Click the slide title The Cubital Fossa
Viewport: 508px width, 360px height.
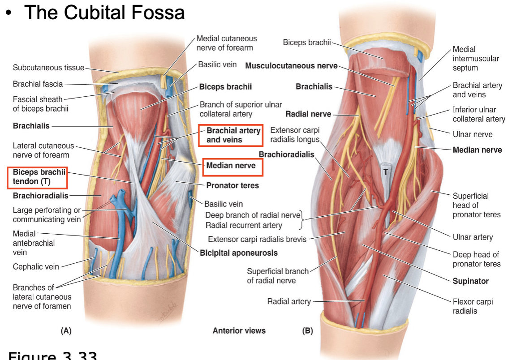tap(104, 12)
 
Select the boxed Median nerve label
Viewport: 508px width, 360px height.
tap(231, 166)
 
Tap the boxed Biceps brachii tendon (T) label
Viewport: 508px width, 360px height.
tap(37, 177)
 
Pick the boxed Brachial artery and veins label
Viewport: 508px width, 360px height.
tap(230, 135)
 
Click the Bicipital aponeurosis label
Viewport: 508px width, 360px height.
tap(239, 253)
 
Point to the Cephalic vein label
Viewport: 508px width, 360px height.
tap(36, 267)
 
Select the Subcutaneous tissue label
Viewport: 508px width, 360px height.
tap(48, 68)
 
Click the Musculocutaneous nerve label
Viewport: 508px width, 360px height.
tap(291, 66)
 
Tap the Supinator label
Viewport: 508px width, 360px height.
tap(470, 281)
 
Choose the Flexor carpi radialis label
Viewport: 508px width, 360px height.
tap(473, 306)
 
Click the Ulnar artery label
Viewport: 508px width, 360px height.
tap(473, 237)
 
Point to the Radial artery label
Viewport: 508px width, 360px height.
tap(289, 301)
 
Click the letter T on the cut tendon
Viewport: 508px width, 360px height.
tap(385, 171)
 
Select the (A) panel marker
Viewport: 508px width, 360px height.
tap(66, 331)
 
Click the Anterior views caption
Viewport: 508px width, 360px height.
tap(239, 331)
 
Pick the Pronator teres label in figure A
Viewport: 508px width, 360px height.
tap(232, 185)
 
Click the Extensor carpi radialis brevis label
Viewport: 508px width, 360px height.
tap(257, 239)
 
